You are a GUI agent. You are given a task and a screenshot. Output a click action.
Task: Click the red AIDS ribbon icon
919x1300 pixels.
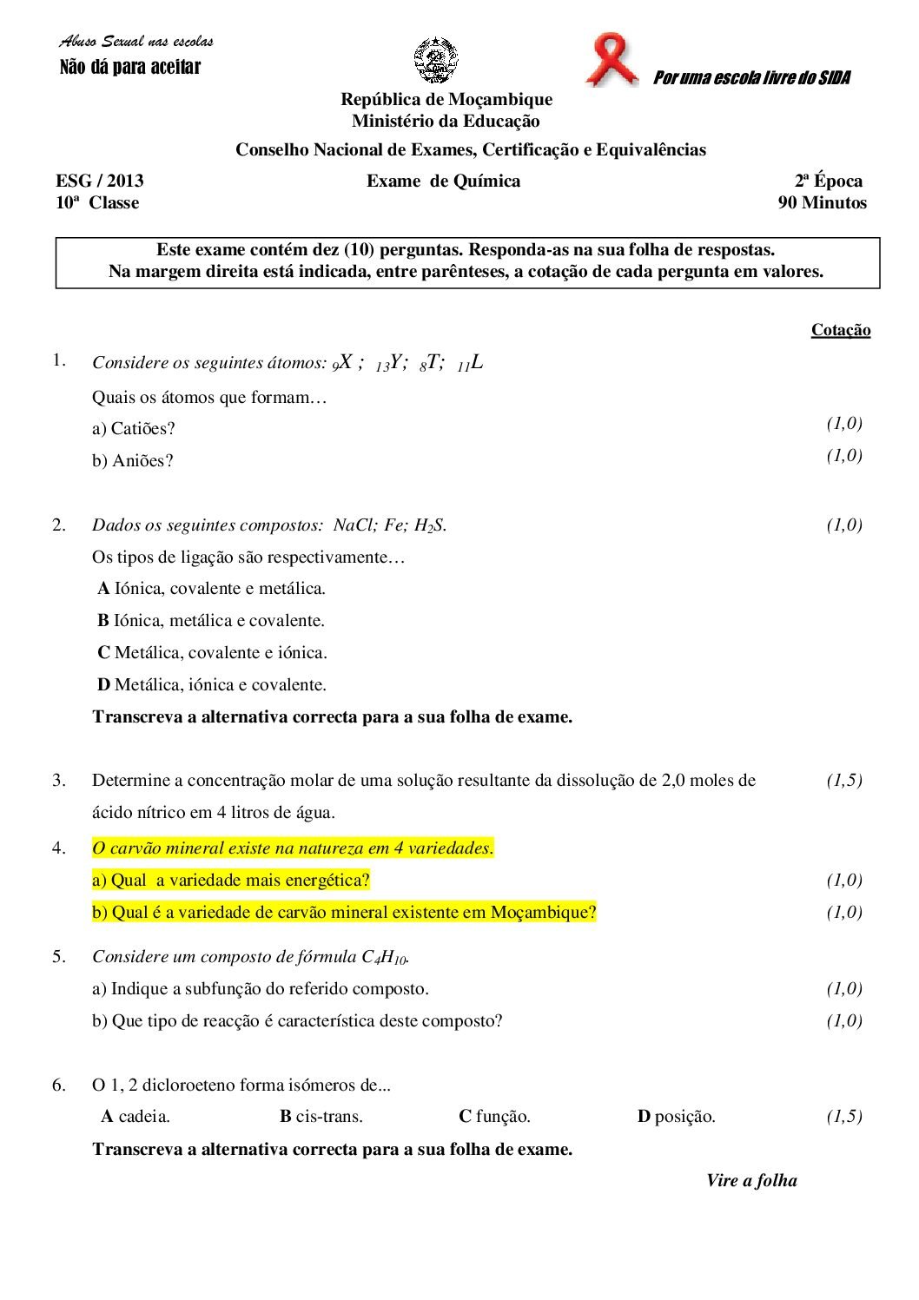click(612, 60)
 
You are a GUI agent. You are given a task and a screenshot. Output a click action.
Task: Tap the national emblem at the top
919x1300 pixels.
click(436, 60)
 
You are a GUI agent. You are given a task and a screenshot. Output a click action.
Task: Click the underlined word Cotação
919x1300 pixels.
click(840, 330)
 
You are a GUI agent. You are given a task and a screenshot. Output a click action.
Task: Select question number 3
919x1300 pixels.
click(59, 780)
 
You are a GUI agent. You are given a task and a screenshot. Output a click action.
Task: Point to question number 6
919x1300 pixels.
click(59, 1085)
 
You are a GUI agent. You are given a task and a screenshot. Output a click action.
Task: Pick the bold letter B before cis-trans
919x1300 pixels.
click(285, 1117)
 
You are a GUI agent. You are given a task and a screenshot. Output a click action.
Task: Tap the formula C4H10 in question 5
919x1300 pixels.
click(384, 957)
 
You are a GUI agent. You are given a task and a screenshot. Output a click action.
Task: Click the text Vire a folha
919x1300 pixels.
click(751, 1180)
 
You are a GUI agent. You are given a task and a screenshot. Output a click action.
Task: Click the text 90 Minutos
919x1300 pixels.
click(822, 203)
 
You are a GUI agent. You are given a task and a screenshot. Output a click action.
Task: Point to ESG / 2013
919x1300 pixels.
click(100, 181)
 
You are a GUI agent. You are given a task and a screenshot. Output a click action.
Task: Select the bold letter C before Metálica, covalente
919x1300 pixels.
click(103, 653)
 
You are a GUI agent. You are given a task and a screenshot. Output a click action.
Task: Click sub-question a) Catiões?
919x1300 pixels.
click(134, 428)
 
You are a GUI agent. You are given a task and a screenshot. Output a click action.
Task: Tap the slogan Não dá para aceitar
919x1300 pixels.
click(129, 67)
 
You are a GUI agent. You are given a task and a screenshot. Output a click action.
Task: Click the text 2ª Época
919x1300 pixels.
click(829, 181)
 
